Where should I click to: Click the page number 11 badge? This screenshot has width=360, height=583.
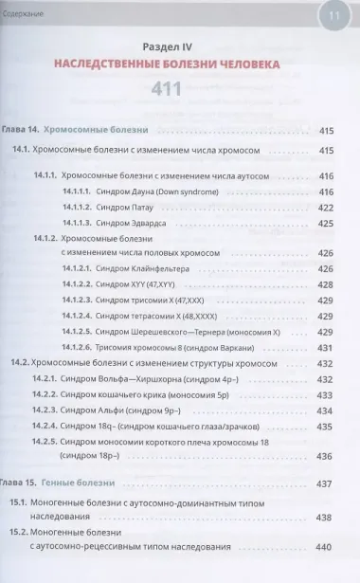coord(333,14)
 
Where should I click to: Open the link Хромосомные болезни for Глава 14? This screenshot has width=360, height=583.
coord(96,129)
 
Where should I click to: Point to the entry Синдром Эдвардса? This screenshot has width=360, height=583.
coord(126,224)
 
